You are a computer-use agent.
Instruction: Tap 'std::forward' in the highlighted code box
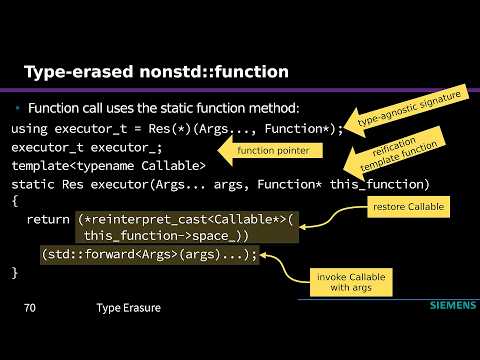click(87, 255)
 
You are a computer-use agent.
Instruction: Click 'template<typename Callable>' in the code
click(108, 166)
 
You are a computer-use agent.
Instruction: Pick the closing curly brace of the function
click(15, 273)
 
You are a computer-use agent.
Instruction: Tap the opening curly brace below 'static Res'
click(15, 202)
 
